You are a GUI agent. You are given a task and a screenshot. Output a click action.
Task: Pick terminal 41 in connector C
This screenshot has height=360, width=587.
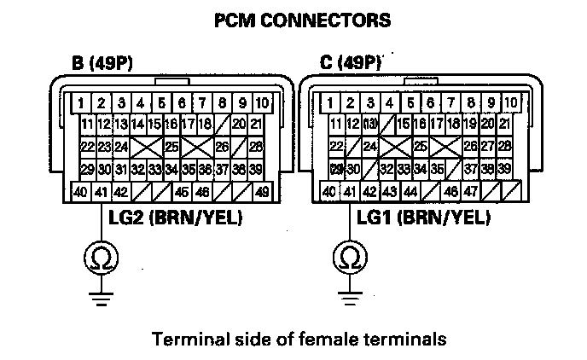[x=349, y=192]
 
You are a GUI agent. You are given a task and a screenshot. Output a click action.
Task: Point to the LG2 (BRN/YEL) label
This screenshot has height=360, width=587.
[x=175, y=218]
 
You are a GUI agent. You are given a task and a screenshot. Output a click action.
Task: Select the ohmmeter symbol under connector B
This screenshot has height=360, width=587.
[x=101, y=256]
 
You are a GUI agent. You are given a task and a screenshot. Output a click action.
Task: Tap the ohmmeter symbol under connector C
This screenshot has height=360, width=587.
[x=348, y=256]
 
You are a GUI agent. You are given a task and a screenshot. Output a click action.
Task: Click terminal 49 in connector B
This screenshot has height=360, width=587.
[x=262, y=191]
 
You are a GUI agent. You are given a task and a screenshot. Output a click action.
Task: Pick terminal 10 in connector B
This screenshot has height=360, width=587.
[x=262, y=103]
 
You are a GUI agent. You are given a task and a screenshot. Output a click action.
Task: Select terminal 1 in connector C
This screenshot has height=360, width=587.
[x=328, y=103]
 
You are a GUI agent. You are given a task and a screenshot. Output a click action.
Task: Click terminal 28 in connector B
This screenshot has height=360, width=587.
[x=257, y=147]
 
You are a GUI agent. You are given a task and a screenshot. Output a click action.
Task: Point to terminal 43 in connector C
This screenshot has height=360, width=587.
[x=389, y=192]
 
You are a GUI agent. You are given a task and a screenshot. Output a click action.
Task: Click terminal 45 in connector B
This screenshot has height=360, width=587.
[x=182, y=191]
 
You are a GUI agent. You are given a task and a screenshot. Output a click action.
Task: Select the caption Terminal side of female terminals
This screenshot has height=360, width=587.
[x=298, y=340]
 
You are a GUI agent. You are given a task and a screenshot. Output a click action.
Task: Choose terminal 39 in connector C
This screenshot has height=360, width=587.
[x=503, y=168]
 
